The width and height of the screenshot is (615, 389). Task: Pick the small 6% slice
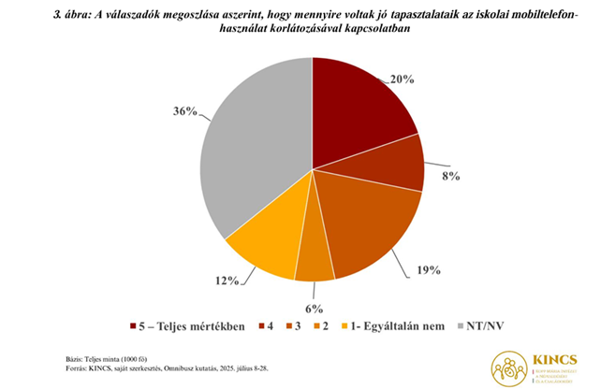(x=315, y=262)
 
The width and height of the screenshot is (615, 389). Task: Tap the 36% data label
(x=185, y=110)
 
